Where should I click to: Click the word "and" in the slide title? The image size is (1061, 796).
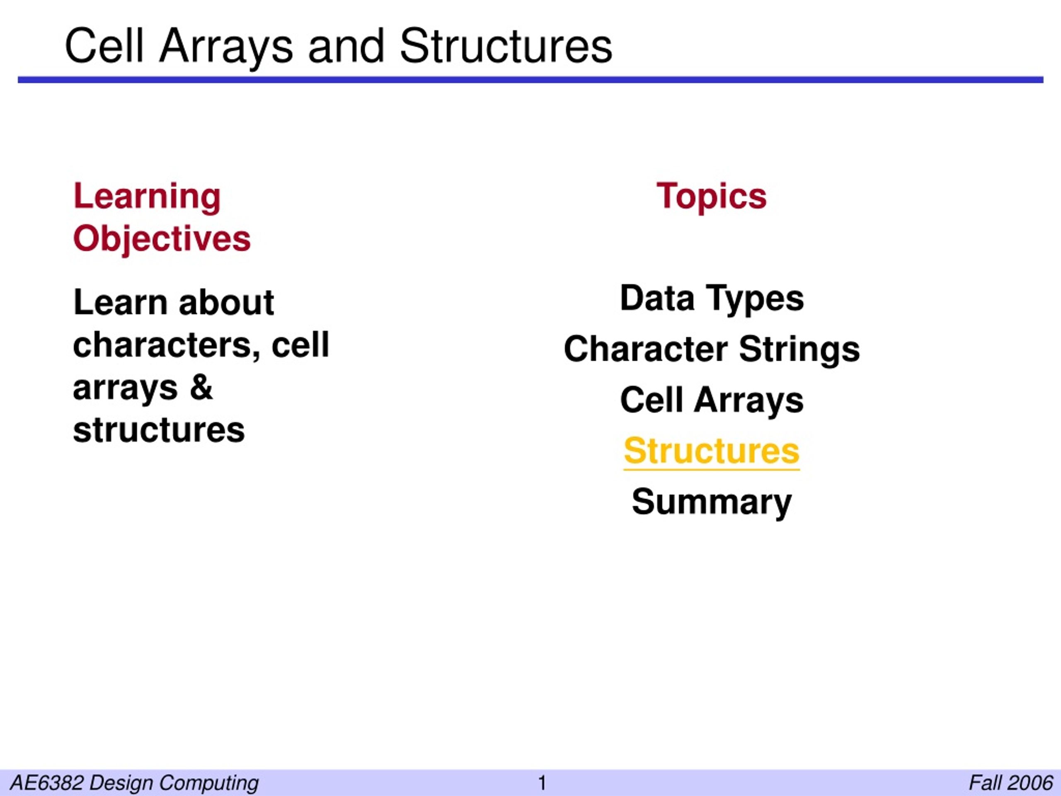[346, 46]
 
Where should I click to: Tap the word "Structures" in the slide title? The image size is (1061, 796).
[506, 46]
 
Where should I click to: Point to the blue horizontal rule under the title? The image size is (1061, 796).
[530, 80]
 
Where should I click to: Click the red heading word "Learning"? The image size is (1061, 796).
[147, 197]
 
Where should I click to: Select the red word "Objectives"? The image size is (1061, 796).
[162, 238]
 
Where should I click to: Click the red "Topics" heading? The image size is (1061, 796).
[711, 197]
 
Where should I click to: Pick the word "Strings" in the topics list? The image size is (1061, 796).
[799, 350]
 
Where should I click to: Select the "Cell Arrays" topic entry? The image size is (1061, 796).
[711, 400]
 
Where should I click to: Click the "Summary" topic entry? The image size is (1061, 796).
[711, 502]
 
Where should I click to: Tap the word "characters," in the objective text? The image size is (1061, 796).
[167, 345]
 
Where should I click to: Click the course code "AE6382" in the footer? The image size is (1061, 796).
[46, 783]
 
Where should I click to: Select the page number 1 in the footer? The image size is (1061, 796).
[543, 783]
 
